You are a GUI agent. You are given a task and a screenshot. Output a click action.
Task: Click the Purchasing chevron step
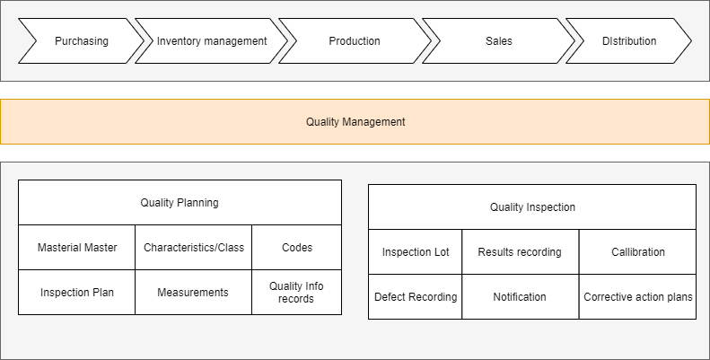[x=81, y=41]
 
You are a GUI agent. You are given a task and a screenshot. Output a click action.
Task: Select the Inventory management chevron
[x=212, y=41]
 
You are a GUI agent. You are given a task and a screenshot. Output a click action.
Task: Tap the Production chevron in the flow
[x=355, y=41]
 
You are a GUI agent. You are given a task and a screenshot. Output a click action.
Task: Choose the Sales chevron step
[x=498, y=41]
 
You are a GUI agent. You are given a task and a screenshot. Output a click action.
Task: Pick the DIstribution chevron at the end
[x=629, y=41]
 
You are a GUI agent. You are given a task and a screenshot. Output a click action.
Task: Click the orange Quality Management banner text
[x=355, y=121]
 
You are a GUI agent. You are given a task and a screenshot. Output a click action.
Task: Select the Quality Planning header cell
[x=180, y=203]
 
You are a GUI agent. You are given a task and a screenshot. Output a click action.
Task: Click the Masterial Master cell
[x=77, y=248]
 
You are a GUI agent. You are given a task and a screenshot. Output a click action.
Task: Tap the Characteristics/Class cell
[x=194, y=248]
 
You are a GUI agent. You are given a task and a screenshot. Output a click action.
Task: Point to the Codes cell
[x=297, y=248]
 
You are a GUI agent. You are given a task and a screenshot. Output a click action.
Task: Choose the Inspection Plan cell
[x=77, y=293]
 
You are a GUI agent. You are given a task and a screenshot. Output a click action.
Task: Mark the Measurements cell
[x=193, y=293]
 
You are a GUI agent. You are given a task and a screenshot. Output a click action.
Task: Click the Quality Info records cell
[x=296, y=293]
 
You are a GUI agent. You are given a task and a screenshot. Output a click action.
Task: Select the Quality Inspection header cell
[x=532, y=207]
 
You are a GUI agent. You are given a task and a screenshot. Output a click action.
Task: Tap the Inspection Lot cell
[x=416, y=252]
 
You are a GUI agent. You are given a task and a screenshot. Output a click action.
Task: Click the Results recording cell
[x=520, y=252]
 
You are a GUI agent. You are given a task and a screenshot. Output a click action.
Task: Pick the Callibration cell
[x=638, y=252]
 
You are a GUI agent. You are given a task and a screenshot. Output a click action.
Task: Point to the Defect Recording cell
[x=416, y=297]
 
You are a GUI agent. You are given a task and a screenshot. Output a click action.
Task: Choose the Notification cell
[x=520, y=297]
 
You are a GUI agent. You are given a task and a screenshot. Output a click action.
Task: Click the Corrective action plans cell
[x=638, y=297]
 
